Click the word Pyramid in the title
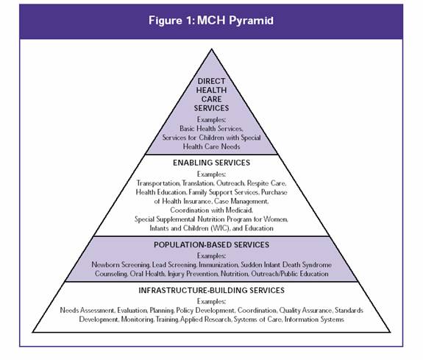click(x=251, y=21)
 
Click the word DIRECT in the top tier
click(x=212, y=81)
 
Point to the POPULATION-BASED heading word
click(x=193, y=244)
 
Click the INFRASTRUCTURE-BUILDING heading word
click(x=193, y=290)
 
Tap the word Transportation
click(x=158, y=183)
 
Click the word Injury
click(x=176, y=274)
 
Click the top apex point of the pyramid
click(x=212, y=49)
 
